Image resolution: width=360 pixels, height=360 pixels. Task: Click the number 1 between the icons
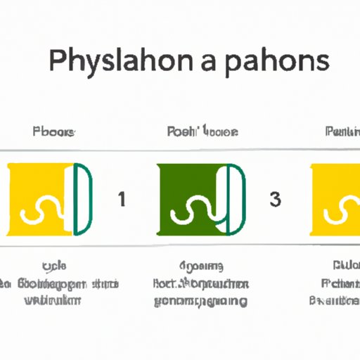point(122,199)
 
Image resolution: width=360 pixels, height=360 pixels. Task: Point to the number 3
point(275,199)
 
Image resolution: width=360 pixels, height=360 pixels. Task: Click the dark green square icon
point(193,199)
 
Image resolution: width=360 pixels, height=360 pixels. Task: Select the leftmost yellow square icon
point(39,199)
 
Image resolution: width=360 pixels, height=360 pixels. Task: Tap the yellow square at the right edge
point(335,199)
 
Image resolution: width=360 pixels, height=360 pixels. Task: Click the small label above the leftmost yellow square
point(54,131)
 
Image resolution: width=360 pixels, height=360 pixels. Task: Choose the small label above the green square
point(202,131)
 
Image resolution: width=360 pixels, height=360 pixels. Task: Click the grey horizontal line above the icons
point(180,150)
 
